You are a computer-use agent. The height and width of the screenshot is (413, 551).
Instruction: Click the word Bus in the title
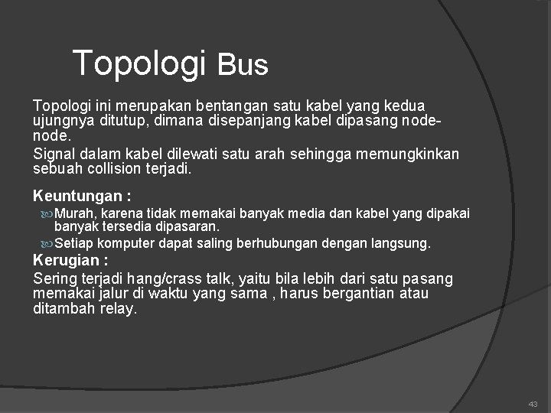243,66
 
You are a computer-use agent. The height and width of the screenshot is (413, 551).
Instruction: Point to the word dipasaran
187,226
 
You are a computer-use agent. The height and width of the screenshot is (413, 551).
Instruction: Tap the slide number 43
533,404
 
